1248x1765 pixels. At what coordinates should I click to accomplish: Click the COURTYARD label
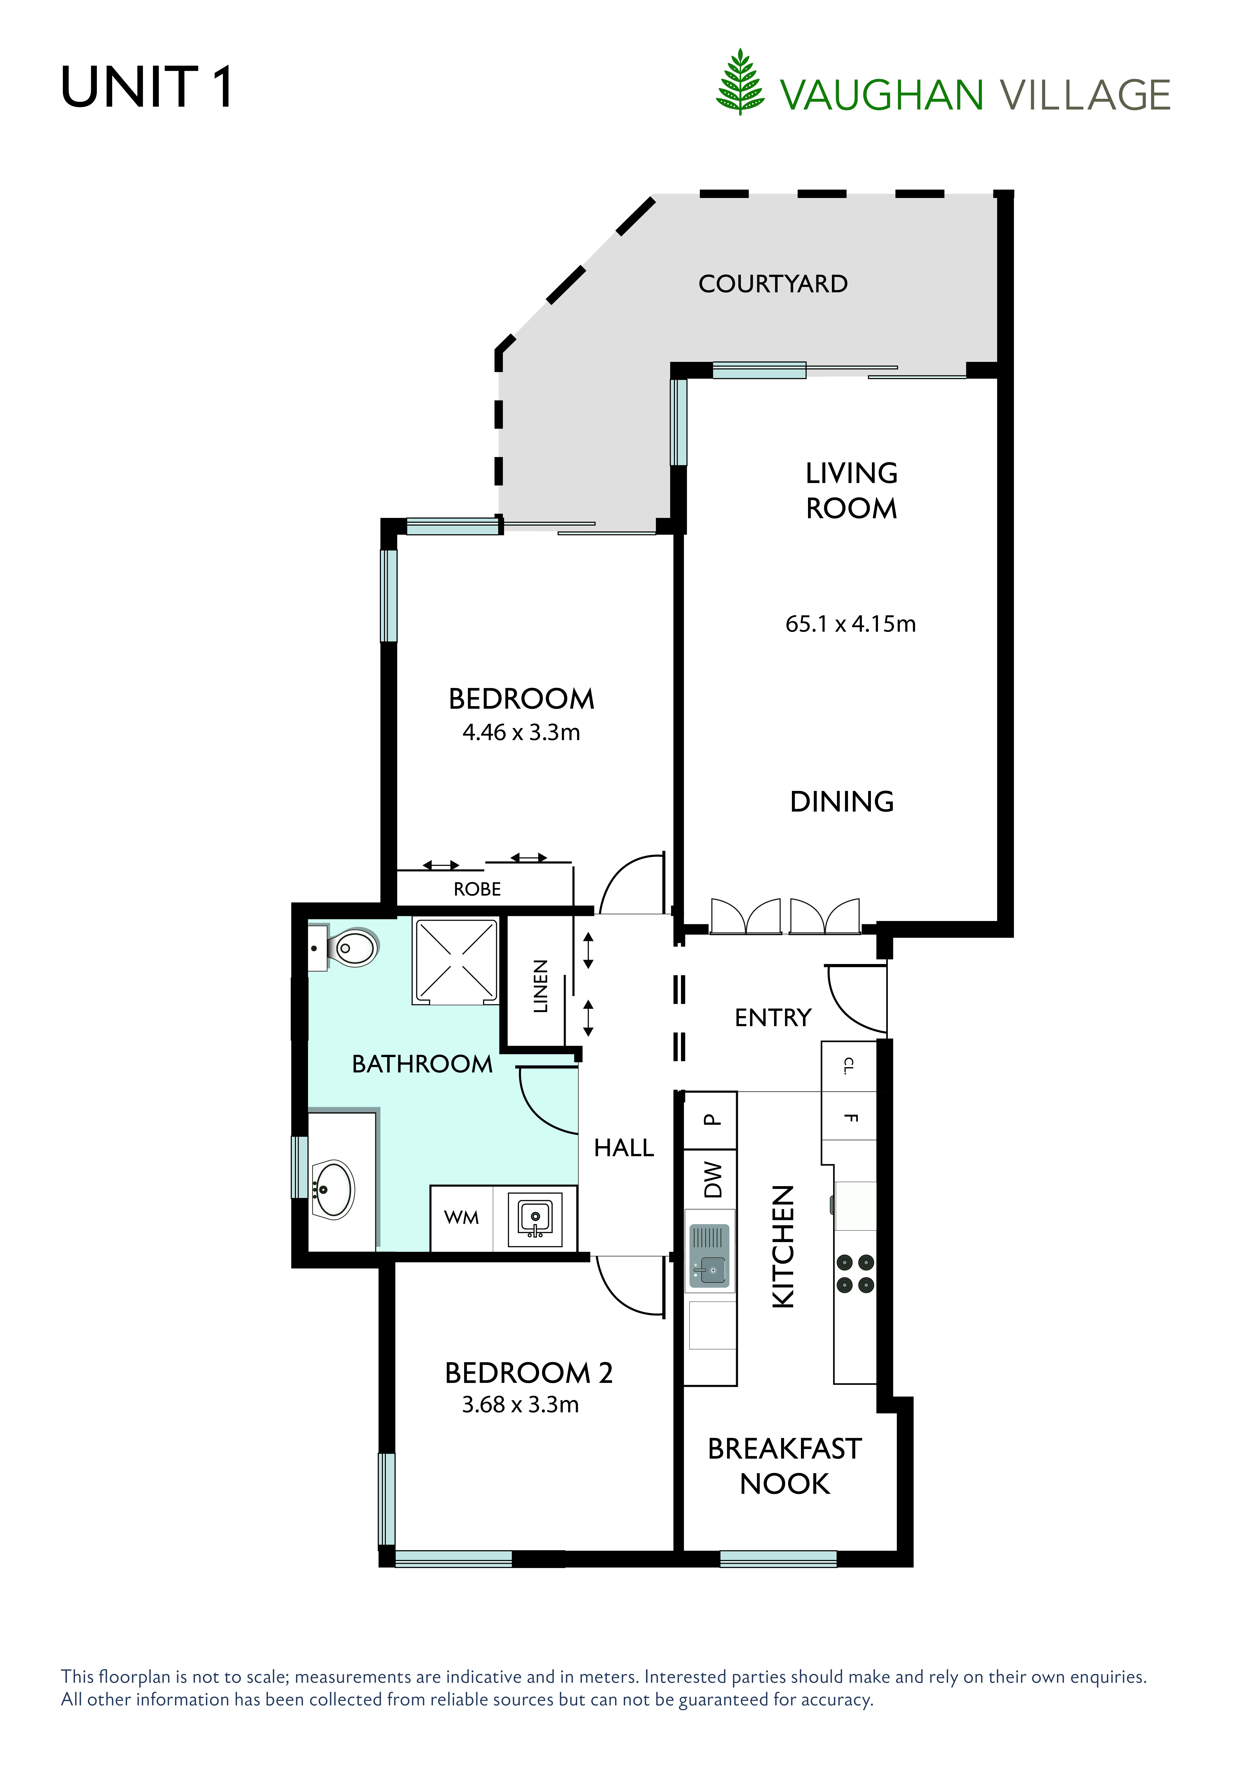[x=773, y=284]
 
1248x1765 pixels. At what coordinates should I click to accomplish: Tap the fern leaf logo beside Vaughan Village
[x=740, y=82]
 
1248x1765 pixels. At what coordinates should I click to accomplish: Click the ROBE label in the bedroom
[x=477, y=890]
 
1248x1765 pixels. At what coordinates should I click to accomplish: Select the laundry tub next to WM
[x=535, y=1218]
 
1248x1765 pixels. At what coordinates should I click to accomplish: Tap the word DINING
[x=842, y=802]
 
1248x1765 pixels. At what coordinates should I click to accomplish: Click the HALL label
[x=624, y=1148]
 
